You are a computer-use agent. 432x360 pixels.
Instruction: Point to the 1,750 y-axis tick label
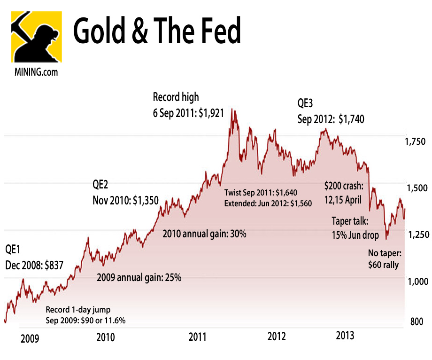(415, 142)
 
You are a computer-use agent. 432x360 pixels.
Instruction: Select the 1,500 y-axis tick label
(415, 188)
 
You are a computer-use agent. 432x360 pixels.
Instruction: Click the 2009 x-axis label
(30, 338)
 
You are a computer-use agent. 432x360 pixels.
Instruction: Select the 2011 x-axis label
(198, 337)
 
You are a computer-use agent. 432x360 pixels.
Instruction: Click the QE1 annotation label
(13, 249)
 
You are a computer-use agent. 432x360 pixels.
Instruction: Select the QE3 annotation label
(307, 103)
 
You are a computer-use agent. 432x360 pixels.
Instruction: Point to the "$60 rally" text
(383, 265)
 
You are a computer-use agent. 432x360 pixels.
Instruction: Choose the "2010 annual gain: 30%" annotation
(204, 234)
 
